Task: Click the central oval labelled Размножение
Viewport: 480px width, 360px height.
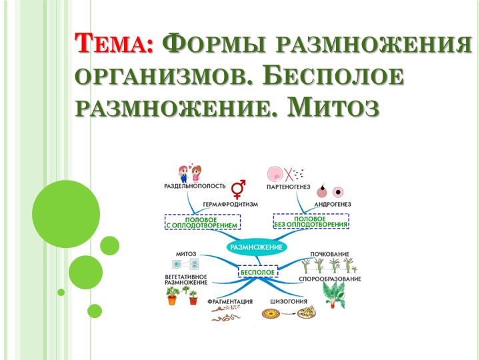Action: [x=257, y=247]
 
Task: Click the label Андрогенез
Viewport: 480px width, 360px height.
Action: [x=328, y=204]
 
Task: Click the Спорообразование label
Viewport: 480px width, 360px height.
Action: [x=334, y=279]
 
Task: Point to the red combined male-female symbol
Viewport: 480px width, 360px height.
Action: [x=238, y=185]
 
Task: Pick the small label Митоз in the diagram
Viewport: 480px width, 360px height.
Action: [x=185, y=253]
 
